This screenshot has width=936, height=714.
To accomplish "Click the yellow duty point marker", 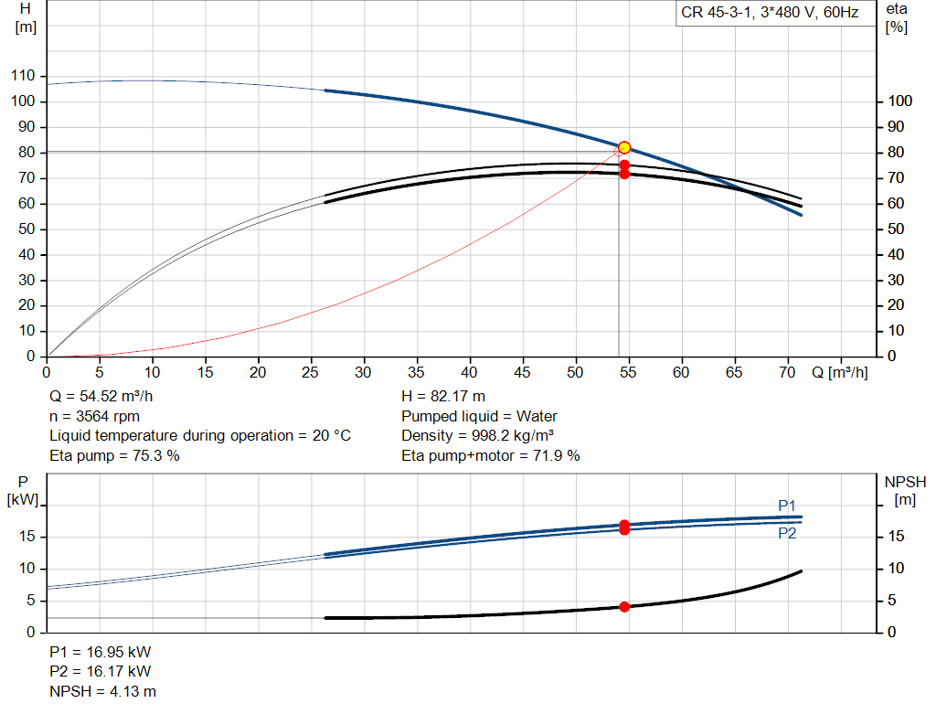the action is pyautogui.click(x=624, y=147).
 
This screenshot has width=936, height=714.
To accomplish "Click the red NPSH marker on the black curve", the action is pyautogui.click(x=624, y=606).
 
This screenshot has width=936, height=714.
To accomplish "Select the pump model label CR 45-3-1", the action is pyautogui.click(x=716, y=13).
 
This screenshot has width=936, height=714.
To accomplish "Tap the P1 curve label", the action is pyautogui.click(x=787, y=506).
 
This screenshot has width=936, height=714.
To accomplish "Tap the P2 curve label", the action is pyautogui.click(x=787, y=533).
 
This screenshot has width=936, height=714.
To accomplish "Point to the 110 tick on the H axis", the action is pyautogui.click(x=23, y=76).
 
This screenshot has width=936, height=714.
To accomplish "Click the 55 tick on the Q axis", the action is pyautogui.click(x=628, y=372).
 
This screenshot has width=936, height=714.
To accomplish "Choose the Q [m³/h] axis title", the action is pyautogui.click(x=839, y=372).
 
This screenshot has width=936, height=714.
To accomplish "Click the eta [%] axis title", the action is pyautogui.click(x=897, y=18).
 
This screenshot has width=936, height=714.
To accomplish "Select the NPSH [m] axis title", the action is pyautogui.click(x=905, y=491).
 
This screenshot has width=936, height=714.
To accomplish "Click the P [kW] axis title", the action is pyautogui.click(x=23, y=491).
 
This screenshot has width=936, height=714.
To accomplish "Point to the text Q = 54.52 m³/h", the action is pyautogui.click(x=101, y=397).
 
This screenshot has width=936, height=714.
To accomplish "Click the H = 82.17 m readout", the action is pyautogui.click(x=443, y=397).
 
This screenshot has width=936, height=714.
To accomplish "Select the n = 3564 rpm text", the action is pyautogui.click(x=94, y=416).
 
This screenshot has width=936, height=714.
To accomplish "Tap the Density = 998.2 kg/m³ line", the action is pyautogui.click(x=477, y=436).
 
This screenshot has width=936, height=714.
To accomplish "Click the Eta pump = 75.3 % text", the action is pyautogui.click(x=114, y=455).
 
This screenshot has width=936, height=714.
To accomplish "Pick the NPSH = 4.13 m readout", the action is pyautogui.click(x=102, y=691).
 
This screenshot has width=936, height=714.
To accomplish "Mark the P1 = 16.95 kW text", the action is pyautogui.click(x=100, y=652).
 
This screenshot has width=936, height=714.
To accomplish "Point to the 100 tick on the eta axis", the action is pyautogui.click(x=900, y=101).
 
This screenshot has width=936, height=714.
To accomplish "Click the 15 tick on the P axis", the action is pyautogui.click(x=27, y=537).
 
